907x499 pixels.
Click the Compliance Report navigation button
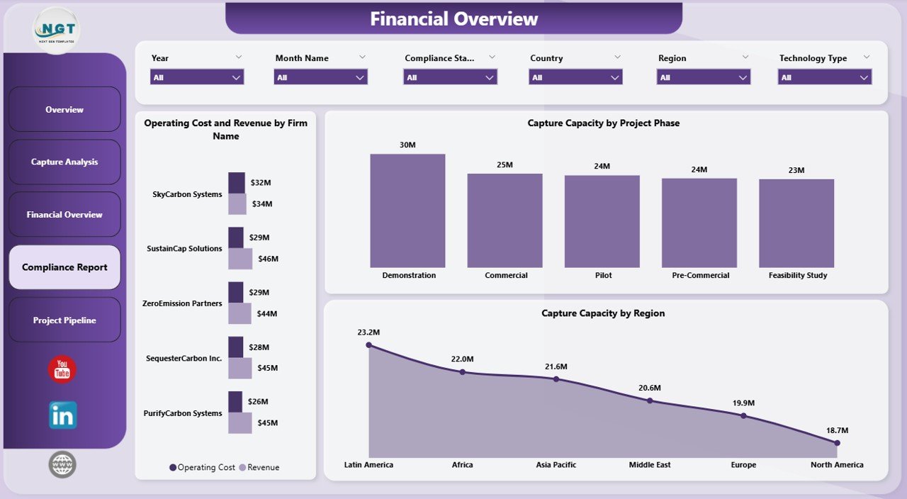coord(64,267)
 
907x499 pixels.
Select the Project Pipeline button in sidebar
coord(64,320)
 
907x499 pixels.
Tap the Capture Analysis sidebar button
coord(64,162)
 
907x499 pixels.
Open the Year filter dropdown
coord(197,77)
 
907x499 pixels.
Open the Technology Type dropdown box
coord(825,77)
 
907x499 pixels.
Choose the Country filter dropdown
coord(575,77)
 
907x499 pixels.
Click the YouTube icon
coord(62,369)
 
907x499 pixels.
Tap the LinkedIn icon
coord(62,415)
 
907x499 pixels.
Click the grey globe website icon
coord(62,465)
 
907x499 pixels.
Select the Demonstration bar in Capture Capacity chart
coord(407,211)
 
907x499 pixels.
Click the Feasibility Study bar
coord(796,223)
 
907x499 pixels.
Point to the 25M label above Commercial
coord(505,164)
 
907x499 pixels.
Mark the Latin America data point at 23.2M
coord(368,345)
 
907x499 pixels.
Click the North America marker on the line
coord(837,443)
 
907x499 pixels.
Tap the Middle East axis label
coord(649,465)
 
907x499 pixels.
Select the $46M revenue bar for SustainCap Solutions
coord(240,259)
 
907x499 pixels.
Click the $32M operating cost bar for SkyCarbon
coord(237,182)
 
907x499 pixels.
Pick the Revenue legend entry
coord(259,468)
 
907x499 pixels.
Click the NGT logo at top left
coord(57,30)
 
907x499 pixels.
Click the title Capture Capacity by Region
coord(603,313)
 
